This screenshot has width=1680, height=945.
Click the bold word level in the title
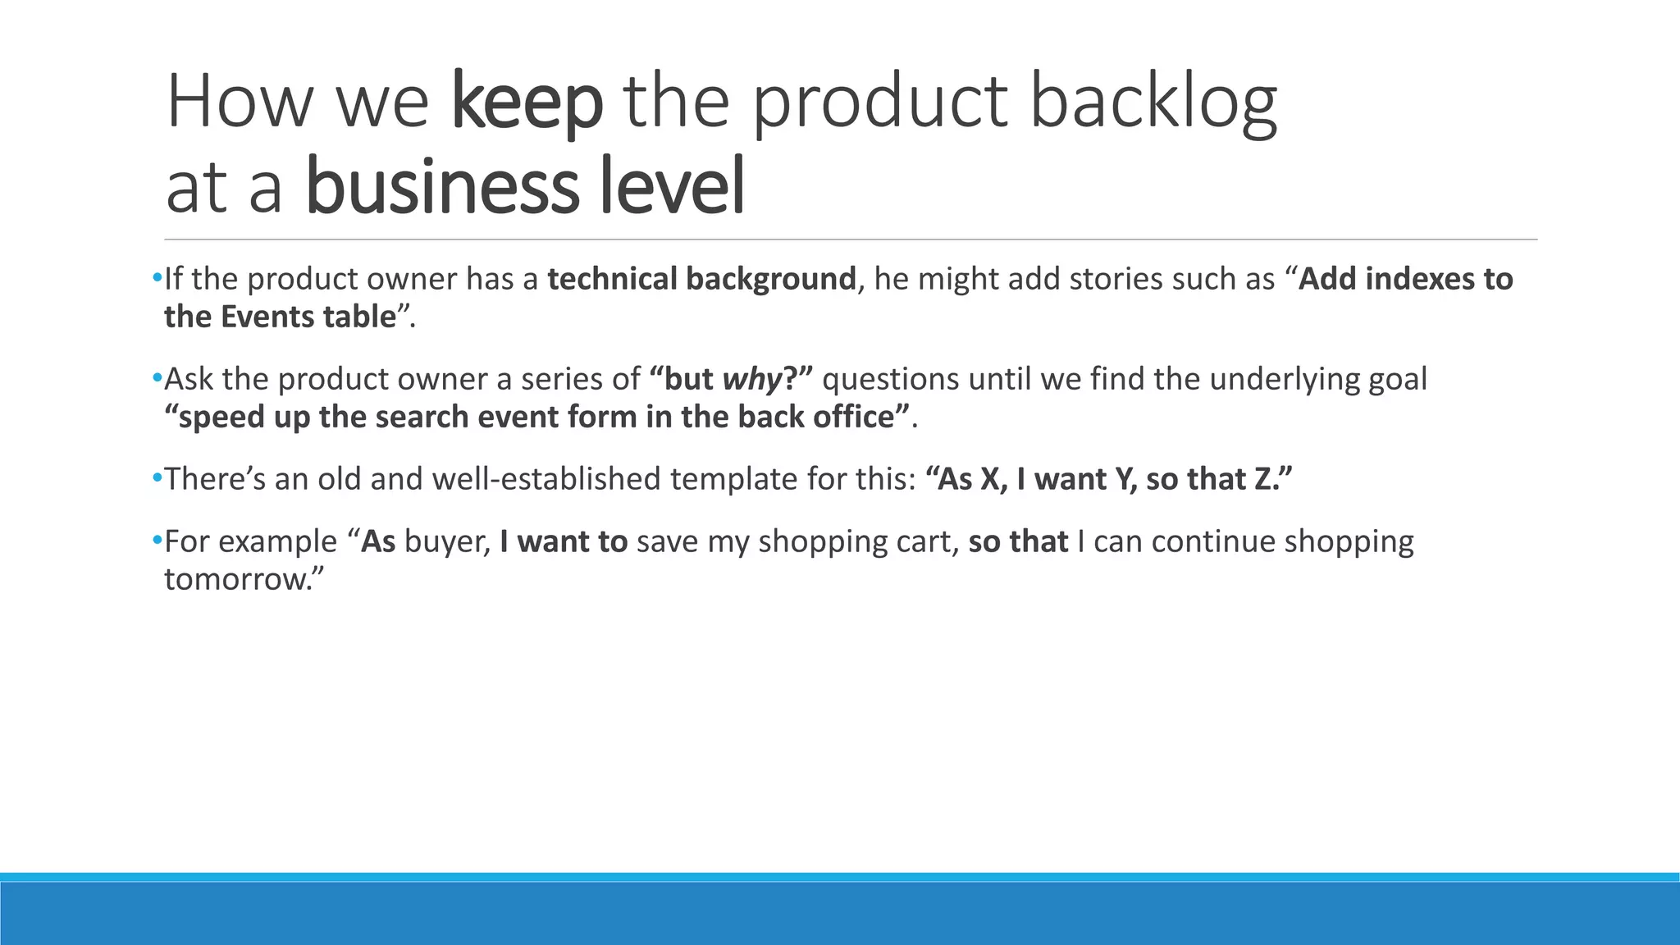coord(672,186)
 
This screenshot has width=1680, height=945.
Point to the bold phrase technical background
coord(701,280)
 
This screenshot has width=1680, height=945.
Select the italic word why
coord(751,380)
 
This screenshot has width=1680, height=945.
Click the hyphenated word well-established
coord(546,479)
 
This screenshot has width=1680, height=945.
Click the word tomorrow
coord(235,580)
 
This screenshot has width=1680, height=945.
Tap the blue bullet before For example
coord(157,541)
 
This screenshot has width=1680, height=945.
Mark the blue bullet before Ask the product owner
coord(157,378)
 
